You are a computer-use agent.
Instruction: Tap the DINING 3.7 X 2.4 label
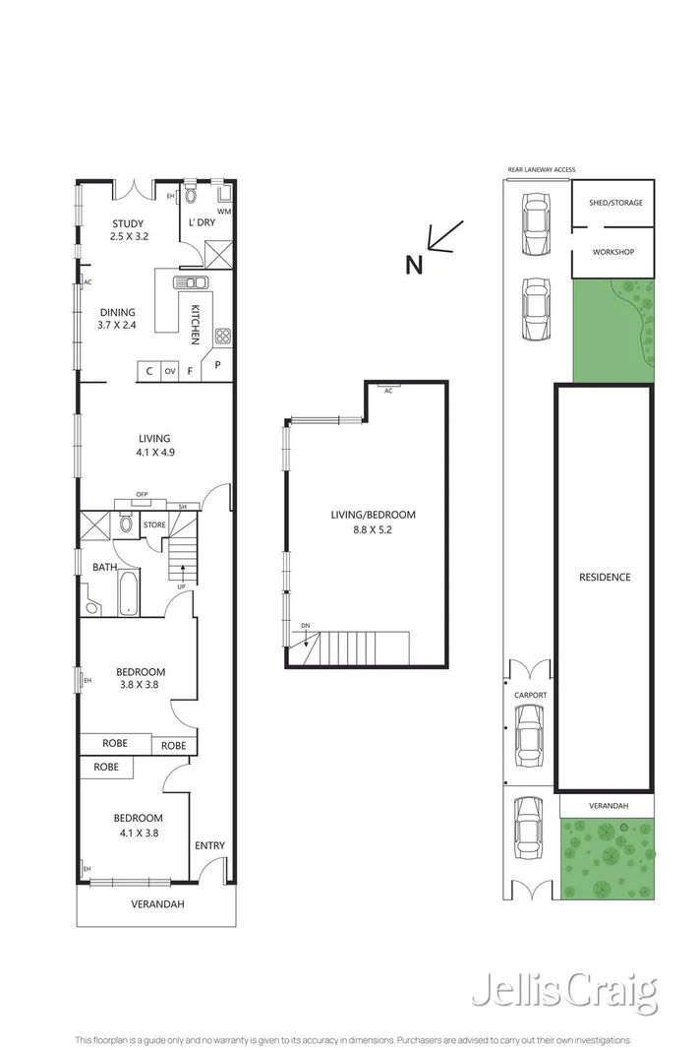pyautogui.click(x=116, y=318)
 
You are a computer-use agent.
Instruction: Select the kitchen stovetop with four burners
pyautogui.click(x=222, y=337)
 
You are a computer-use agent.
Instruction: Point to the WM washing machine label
pyautogui.click(x=224, y=212)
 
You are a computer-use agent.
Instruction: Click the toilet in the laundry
pyautogui.click(x=191, y=197)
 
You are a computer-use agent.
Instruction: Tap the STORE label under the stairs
pyautogui.click(x=154, y=525)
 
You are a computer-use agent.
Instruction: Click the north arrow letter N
pyautogui.click(x=414, y=264)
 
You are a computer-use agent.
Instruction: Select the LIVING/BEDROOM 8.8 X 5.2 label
pyautogui.click(x=374, y=522)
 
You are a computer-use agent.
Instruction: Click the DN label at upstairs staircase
pyautogui.click(x=306, y=626)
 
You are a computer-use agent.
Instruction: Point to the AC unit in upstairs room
pyautogui.click(x=388, y=389)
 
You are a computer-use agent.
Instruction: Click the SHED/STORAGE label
pyautogui.click(x=614, y=202)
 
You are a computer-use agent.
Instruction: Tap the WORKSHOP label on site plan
pyautogui.click(x=613, y=252)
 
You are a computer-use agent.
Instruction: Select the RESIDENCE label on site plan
pyautogui.click(x=604, y=577)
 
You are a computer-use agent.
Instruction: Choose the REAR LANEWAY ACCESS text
pyautogui.click(x=541, y=169)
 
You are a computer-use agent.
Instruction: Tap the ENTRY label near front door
pyautogui.click(x=209, y=845)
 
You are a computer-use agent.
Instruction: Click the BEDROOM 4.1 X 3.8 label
pyautogui.click(x=137, y=825)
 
